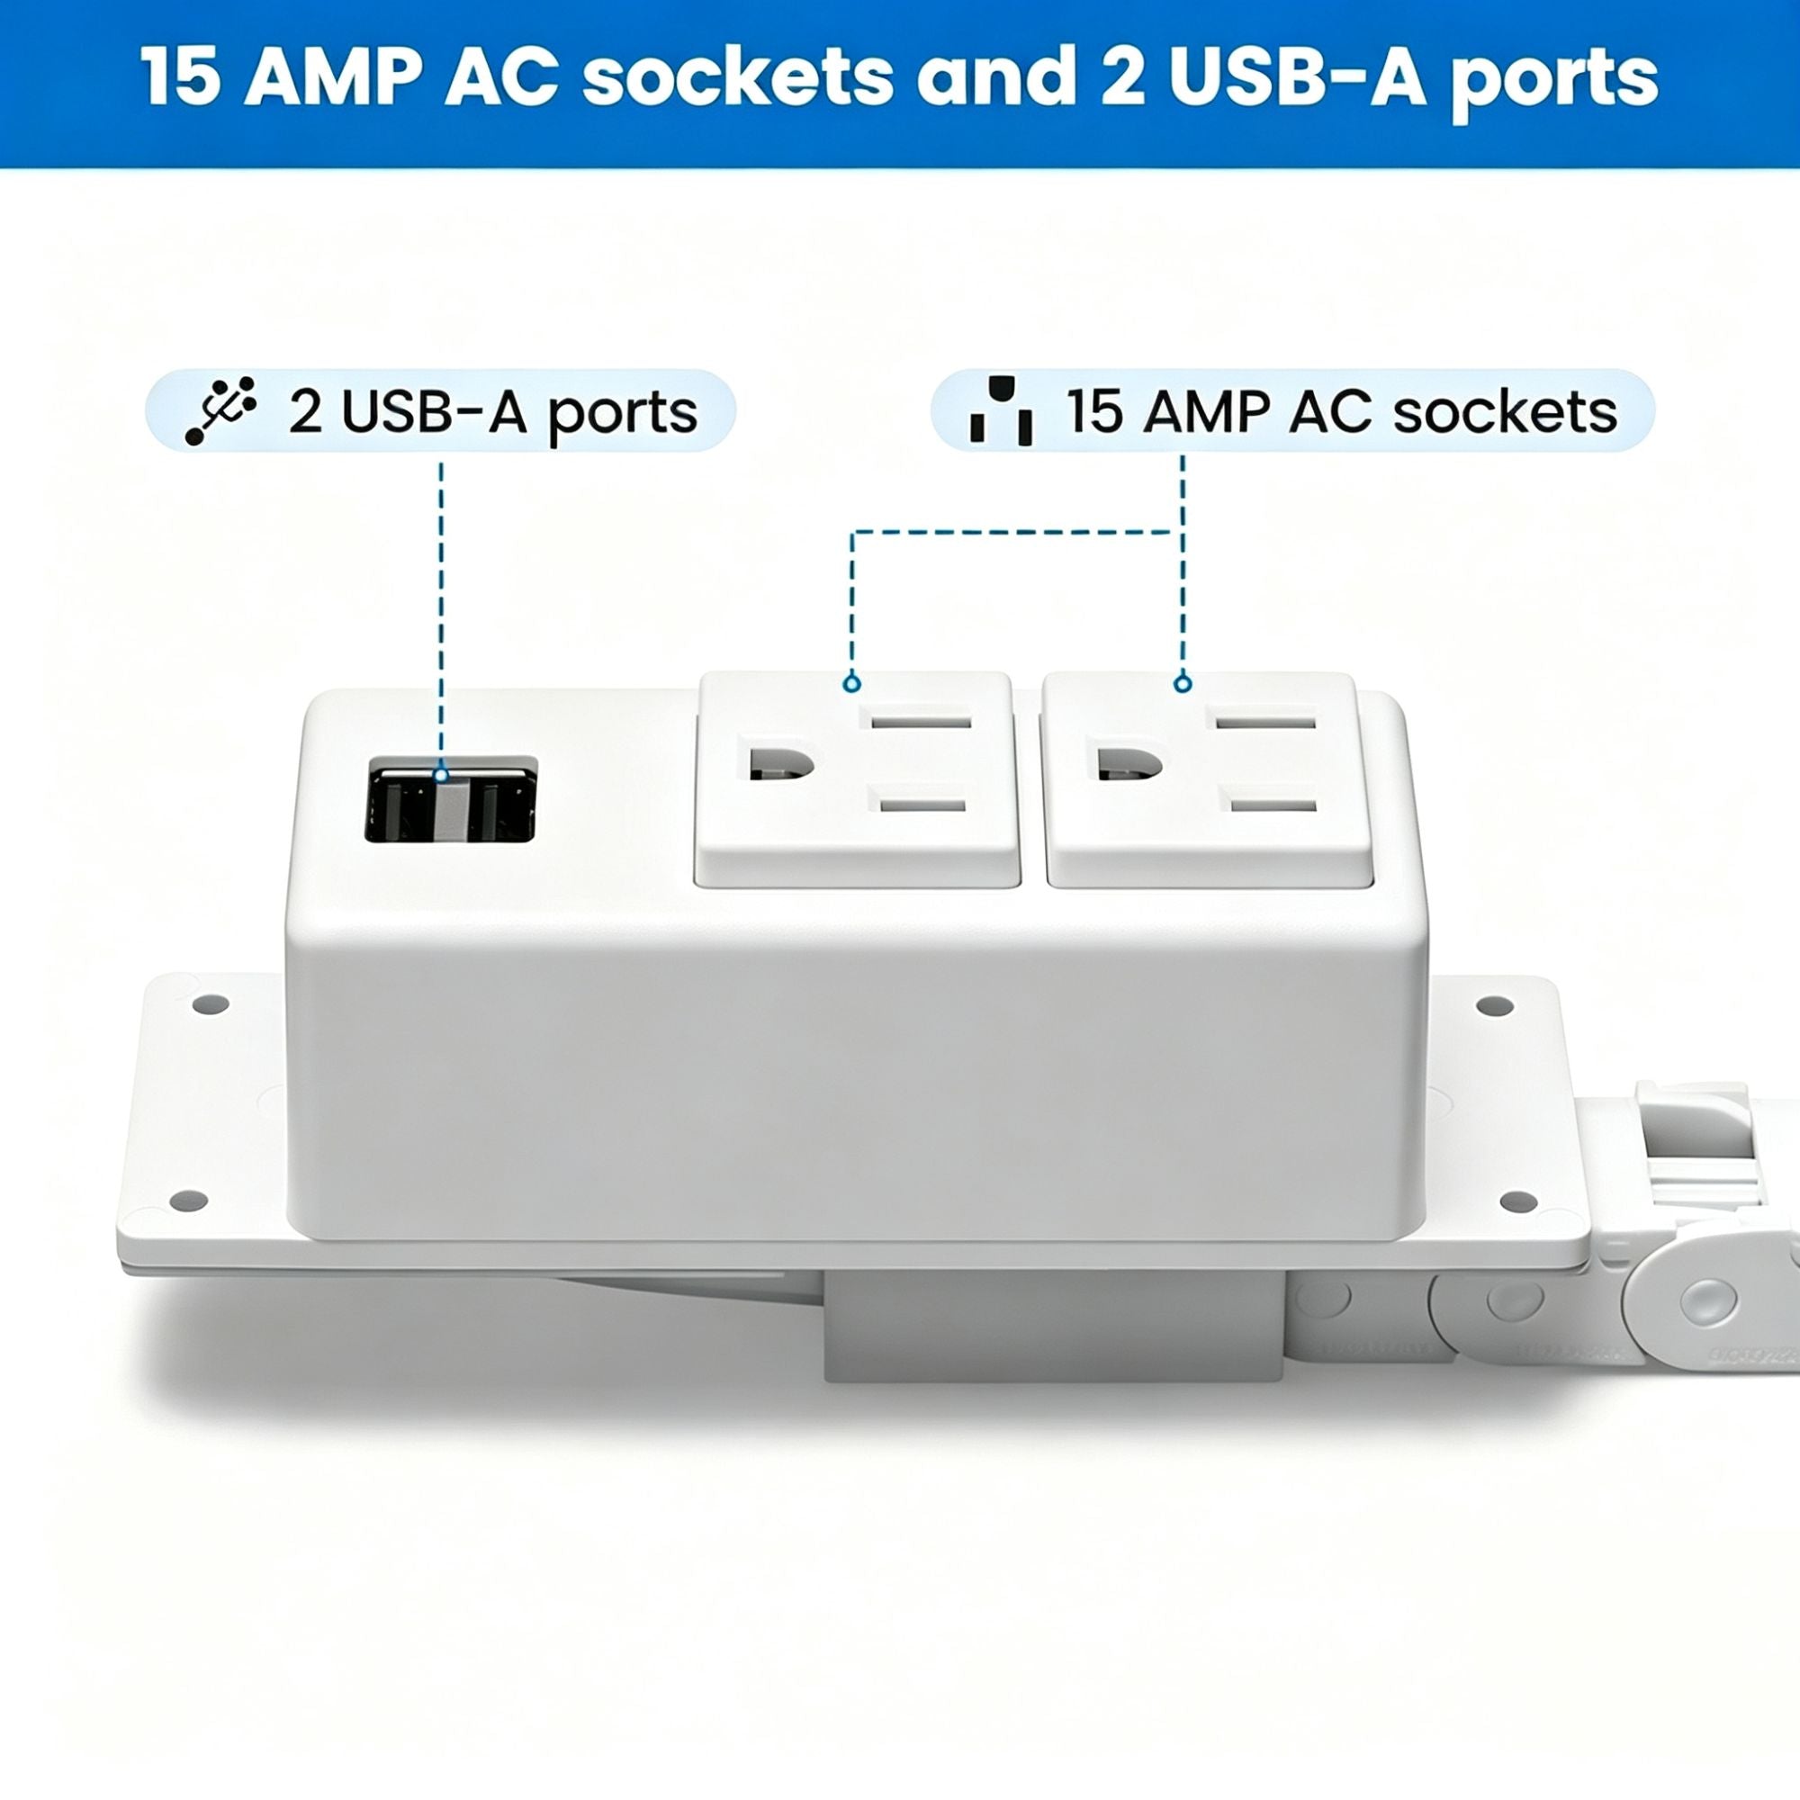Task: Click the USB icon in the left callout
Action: click(x=220, y=411)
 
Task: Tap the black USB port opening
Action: click(x=451, y=799)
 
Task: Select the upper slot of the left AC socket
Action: click(x=921, y=721)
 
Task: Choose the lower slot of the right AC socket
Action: click(x=1273, y=803)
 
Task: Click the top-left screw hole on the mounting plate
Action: click(x=210, y=1005)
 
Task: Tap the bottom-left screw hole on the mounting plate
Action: click(x=189, y=1200)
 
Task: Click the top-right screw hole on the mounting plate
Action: click(x=1495, y=1006)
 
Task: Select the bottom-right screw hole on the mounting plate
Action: click(x=1518, y=1201)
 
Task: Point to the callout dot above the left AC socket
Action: click(x=850, y=684)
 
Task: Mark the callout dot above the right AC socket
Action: click(x=1183, y=684)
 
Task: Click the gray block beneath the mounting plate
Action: click(x=1054, y=1326)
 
